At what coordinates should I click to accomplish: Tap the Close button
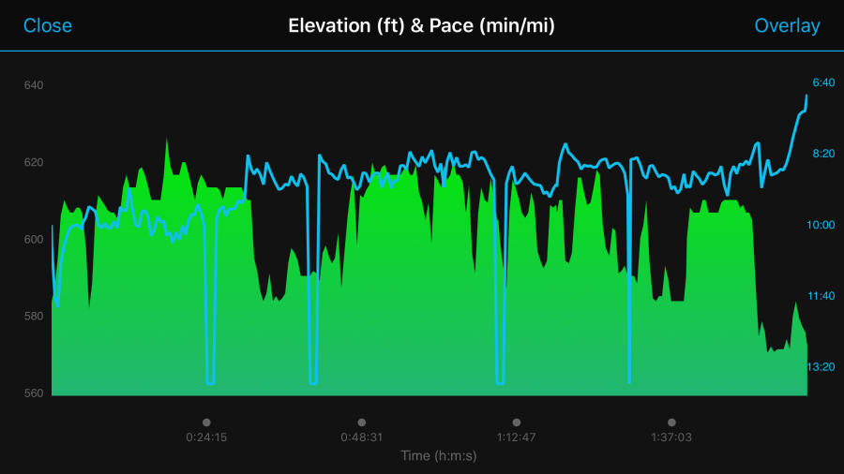(47, 26)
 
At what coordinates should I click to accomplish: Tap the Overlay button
(787, 26)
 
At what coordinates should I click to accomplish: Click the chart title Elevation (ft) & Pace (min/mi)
(421, 26)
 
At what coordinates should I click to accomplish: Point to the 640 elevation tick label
(34, 86)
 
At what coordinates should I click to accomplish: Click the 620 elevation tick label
(34, 163)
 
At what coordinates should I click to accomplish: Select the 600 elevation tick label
(34, 240)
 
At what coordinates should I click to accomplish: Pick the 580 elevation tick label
(34, 317)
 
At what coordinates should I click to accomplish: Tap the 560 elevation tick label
(34, 393)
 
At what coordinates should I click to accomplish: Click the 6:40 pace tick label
(822, 82)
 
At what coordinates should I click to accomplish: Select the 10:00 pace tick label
(821, 225)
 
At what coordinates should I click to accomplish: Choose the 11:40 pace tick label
(821, 296)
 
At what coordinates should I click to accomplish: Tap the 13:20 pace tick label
(821, 366)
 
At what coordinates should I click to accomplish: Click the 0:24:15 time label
(206, 437)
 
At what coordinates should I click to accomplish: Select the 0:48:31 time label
(361, 437)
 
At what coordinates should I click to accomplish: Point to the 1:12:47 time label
(516, 437)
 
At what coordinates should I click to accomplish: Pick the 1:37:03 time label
(671, 437)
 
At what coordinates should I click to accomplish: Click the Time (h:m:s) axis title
(439, 456)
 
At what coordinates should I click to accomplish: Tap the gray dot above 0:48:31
(361, 422)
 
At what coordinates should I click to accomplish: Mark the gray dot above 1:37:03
(671, 422)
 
